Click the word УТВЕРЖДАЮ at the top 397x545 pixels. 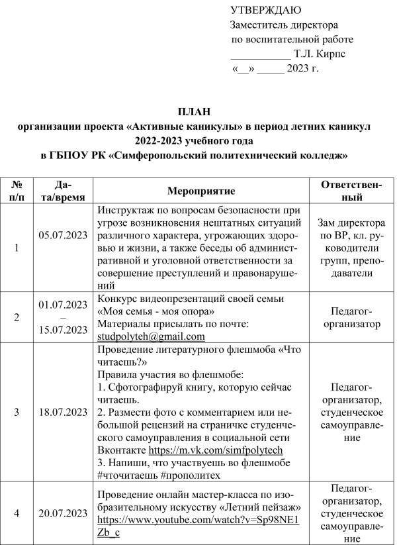pyautogui.click(x=265, y=11)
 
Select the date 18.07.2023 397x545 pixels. pyautogui.click(x=63, y=411)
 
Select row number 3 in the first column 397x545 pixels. pyautogui.click(x=17, y=411)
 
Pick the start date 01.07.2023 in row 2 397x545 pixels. pyautogui.click(x=63, y=305)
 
